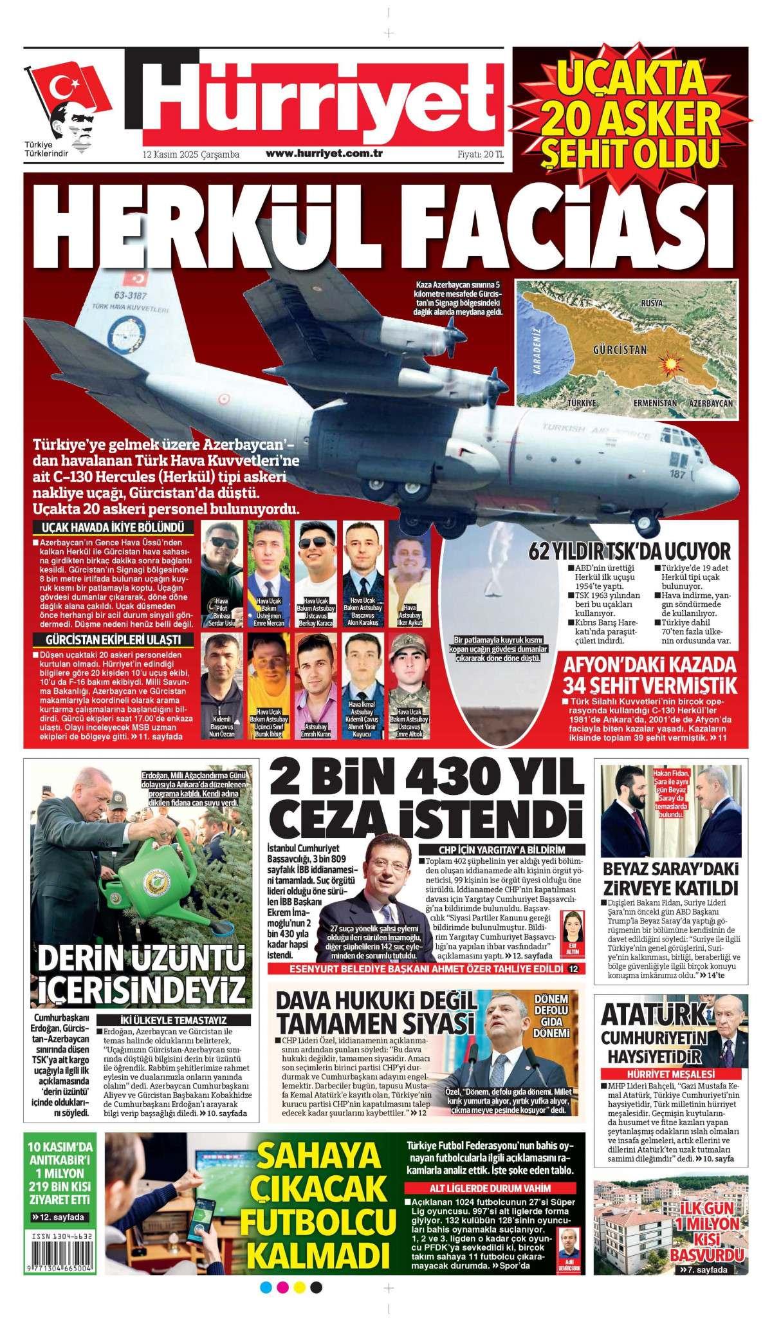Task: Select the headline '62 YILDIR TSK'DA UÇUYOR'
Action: (x=629, y=552)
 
